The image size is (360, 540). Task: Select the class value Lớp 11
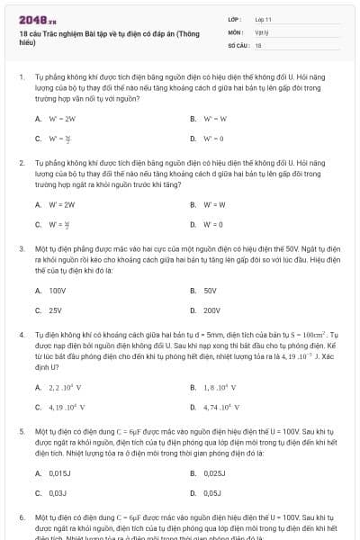coord(263,18)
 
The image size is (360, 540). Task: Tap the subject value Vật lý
coord(262,31)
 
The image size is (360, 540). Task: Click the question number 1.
coord(21,77)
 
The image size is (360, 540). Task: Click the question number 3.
coord(21,247)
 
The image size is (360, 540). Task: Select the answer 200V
coord(211,310)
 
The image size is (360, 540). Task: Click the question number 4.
coord(21,334)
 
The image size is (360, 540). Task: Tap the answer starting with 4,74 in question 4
coord(220,407)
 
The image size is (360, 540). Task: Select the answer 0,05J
coord(212,493)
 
